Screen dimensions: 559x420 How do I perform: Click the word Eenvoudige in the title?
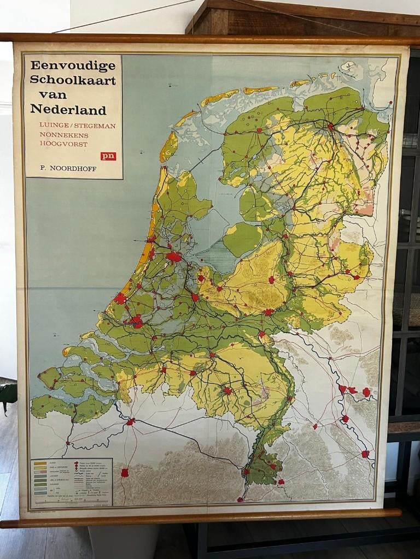[73, 66]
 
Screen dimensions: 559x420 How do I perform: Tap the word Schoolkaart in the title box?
[73, 80]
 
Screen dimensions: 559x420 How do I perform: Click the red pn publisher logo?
[108, 156]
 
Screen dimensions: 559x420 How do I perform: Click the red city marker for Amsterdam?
[174, 257]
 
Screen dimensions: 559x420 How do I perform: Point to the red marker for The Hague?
[120, 298]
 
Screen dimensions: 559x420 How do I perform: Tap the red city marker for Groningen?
[330, 127]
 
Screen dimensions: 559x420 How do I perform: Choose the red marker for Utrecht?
[195, 298]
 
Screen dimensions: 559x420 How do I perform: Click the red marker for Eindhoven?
[227, 390]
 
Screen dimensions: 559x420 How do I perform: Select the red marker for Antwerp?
[130, 421]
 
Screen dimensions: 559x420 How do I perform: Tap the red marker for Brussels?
[125, 472]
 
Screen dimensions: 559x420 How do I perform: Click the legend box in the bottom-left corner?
[72, 483]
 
